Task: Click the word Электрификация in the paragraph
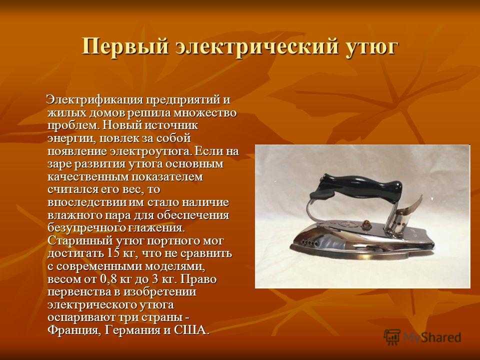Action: (94, 100)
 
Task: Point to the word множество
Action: (205, 113)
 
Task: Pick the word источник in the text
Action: (171, 126)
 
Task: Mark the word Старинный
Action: (79, 240)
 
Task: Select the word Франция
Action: (74, 330)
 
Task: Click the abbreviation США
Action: (190, 330)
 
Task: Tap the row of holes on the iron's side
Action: (308, 243)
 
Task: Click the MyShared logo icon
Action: (392, 337)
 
